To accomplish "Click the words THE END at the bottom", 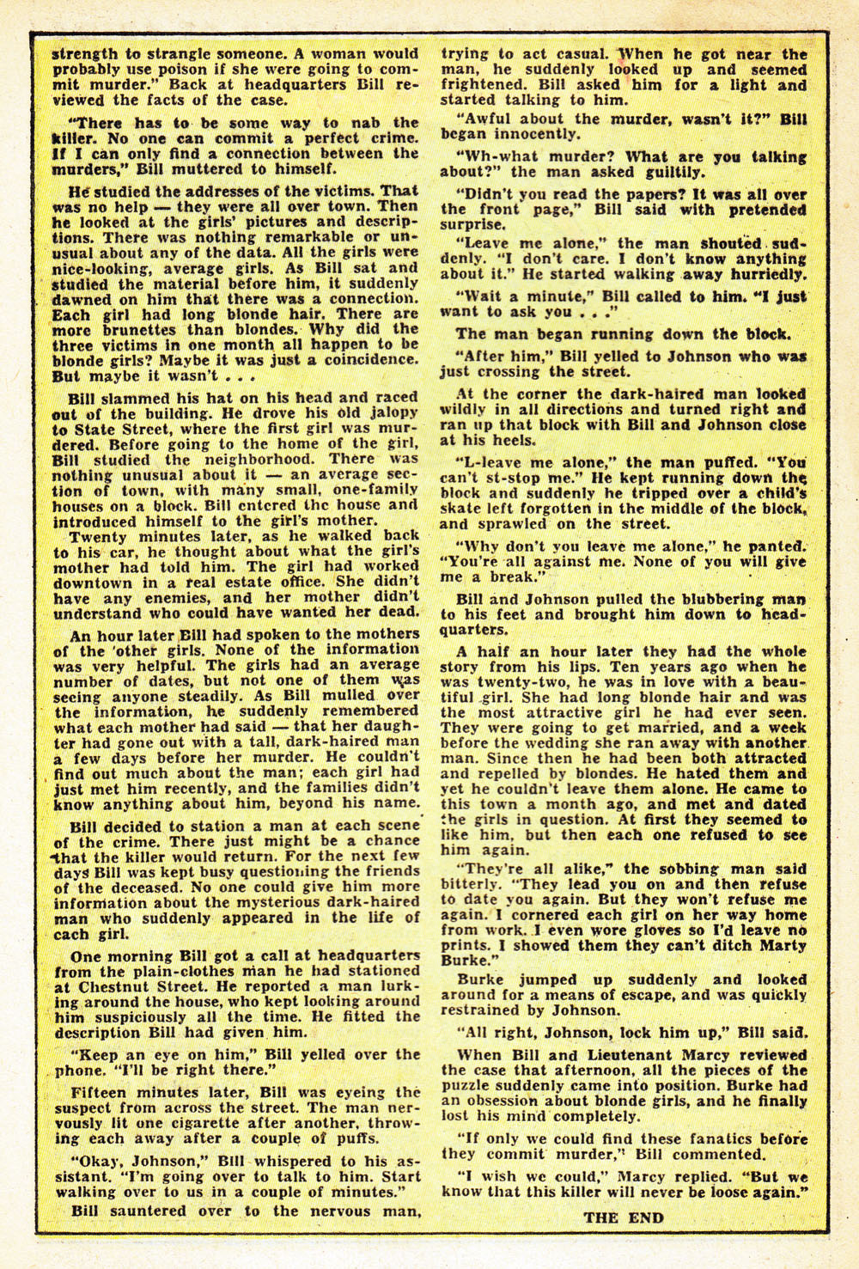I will [x=624, y=1217].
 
